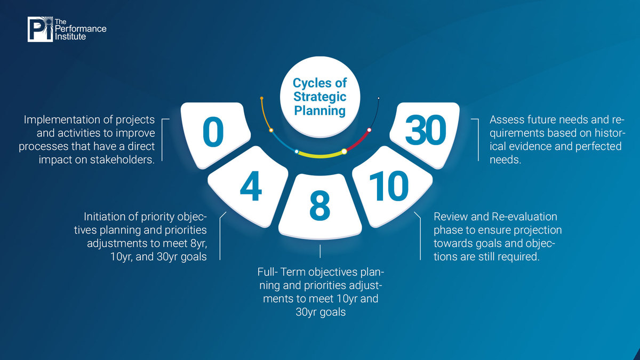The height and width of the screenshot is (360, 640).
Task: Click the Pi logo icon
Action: [x=41, y=29]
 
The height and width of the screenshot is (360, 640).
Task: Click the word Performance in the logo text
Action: [x=81, y=29]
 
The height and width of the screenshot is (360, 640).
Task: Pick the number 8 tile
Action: [x=320, y=206]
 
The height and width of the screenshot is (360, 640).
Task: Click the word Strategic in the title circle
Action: [x=319, y=97]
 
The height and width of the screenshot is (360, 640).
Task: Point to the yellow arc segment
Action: [x=321, y=156]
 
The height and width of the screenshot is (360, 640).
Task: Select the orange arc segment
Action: [x=265, y=114]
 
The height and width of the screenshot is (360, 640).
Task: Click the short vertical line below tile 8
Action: [x=320, y=251]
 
